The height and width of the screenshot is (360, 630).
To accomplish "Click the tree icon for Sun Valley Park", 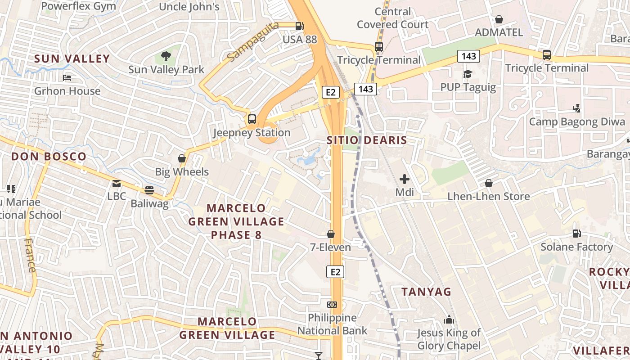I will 166,56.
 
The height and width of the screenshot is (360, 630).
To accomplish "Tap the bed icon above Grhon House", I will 67,78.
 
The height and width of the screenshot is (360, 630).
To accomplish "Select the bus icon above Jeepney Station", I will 252,119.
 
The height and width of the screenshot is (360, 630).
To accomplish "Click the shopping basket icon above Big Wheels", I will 182,158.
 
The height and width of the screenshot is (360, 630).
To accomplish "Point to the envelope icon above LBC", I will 117,183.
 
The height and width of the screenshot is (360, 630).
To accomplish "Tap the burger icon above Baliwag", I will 149,190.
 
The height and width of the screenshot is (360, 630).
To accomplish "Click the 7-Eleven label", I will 330,247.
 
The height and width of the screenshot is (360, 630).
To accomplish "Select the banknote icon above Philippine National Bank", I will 332,305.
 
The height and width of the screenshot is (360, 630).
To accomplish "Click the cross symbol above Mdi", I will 405,179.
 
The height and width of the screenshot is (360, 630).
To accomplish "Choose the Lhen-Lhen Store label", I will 488,197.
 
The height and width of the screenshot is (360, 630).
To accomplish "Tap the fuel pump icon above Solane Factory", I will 576,234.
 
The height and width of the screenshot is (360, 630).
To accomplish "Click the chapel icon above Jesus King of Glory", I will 449,320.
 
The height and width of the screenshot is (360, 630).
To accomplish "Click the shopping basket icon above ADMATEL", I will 499,19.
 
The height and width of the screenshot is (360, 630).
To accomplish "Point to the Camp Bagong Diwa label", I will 577,122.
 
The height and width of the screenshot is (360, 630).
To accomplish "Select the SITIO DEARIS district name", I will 367,140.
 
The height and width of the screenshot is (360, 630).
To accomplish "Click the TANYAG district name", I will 426,292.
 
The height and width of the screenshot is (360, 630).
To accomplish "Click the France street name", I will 30,255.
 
